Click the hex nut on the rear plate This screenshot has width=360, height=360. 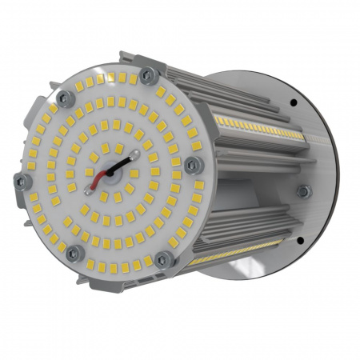pyautogui.click(x=303, y=191)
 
